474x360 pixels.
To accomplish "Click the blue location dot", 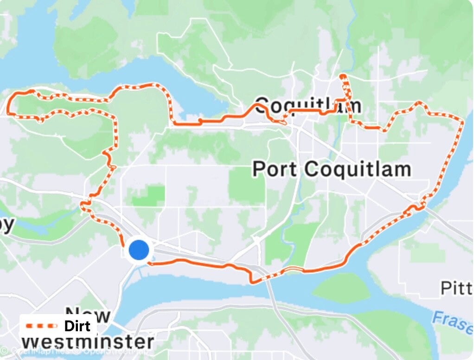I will coord(138,250).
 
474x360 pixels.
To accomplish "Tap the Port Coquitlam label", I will coord(332,169).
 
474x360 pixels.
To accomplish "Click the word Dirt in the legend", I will coord(77,326).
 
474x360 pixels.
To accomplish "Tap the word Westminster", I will coord(88,342).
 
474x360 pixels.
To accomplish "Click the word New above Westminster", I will coord(88,315).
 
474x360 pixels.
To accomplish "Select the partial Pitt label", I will coord(456,289).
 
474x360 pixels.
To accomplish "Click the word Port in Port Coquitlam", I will coord(274,169).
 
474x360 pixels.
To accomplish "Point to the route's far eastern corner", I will coord(462,122).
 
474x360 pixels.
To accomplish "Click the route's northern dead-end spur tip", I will coord(342,75).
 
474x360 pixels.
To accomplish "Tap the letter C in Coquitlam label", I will coord(263,105).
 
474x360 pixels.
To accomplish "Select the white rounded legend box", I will coord(58,326).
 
